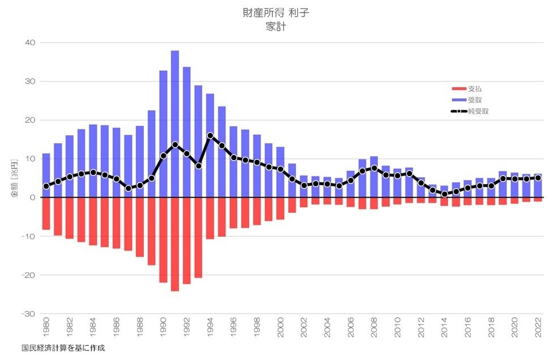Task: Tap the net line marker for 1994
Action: click(210, 136)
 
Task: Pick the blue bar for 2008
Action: click(374, 177)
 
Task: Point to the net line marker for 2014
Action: click(444, 194)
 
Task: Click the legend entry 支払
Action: click(474, 89)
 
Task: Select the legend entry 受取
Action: click(474, 100)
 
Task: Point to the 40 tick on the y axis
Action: click(30, 43)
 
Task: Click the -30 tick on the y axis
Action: click(28, 314)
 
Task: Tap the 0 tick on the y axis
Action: click(33, 198)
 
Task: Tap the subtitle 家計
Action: click(276, 27)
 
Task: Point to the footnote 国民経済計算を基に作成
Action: click(63, 348)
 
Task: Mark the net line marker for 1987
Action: click(129, 188)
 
